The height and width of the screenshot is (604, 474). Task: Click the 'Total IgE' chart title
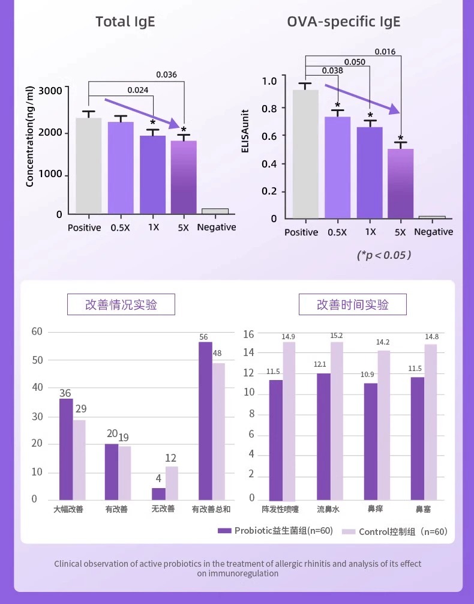point(125,22)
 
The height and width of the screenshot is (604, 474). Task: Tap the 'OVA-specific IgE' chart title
point(343,22)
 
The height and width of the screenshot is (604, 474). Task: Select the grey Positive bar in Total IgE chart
point(88,165)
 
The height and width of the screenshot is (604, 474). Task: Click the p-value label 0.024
point(137,91)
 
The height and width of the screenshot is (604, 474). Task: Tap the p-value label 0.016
point(385,52)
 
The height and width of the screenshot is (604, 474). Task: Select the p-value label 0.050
point(355,62)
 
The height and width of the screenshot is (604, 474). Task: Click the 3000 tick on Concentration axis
point(50,91)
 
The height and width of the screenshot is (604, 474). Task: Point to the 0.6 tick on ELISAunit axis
point(269,136)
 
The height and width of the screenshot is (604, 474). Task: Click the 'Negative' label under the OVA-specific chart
point(433,232)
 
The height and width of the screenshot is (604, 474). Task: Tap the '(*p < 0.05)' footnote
point(384,255)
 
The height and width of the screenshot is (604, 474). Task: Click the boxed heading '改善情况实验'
point(121,304)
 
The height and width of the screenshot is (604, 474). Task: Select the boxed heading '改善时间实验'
point(352,304)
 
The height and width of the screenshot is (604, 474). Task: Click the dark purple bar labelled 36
point(66,449)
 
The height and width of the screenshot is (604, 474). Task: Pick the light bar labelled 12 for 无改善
point(172,483)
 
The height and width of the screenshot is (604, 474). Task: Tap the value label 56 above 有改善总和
point(204,337)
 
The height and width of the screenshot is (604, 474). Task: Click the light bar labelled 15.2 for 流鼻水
point(337,420)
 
